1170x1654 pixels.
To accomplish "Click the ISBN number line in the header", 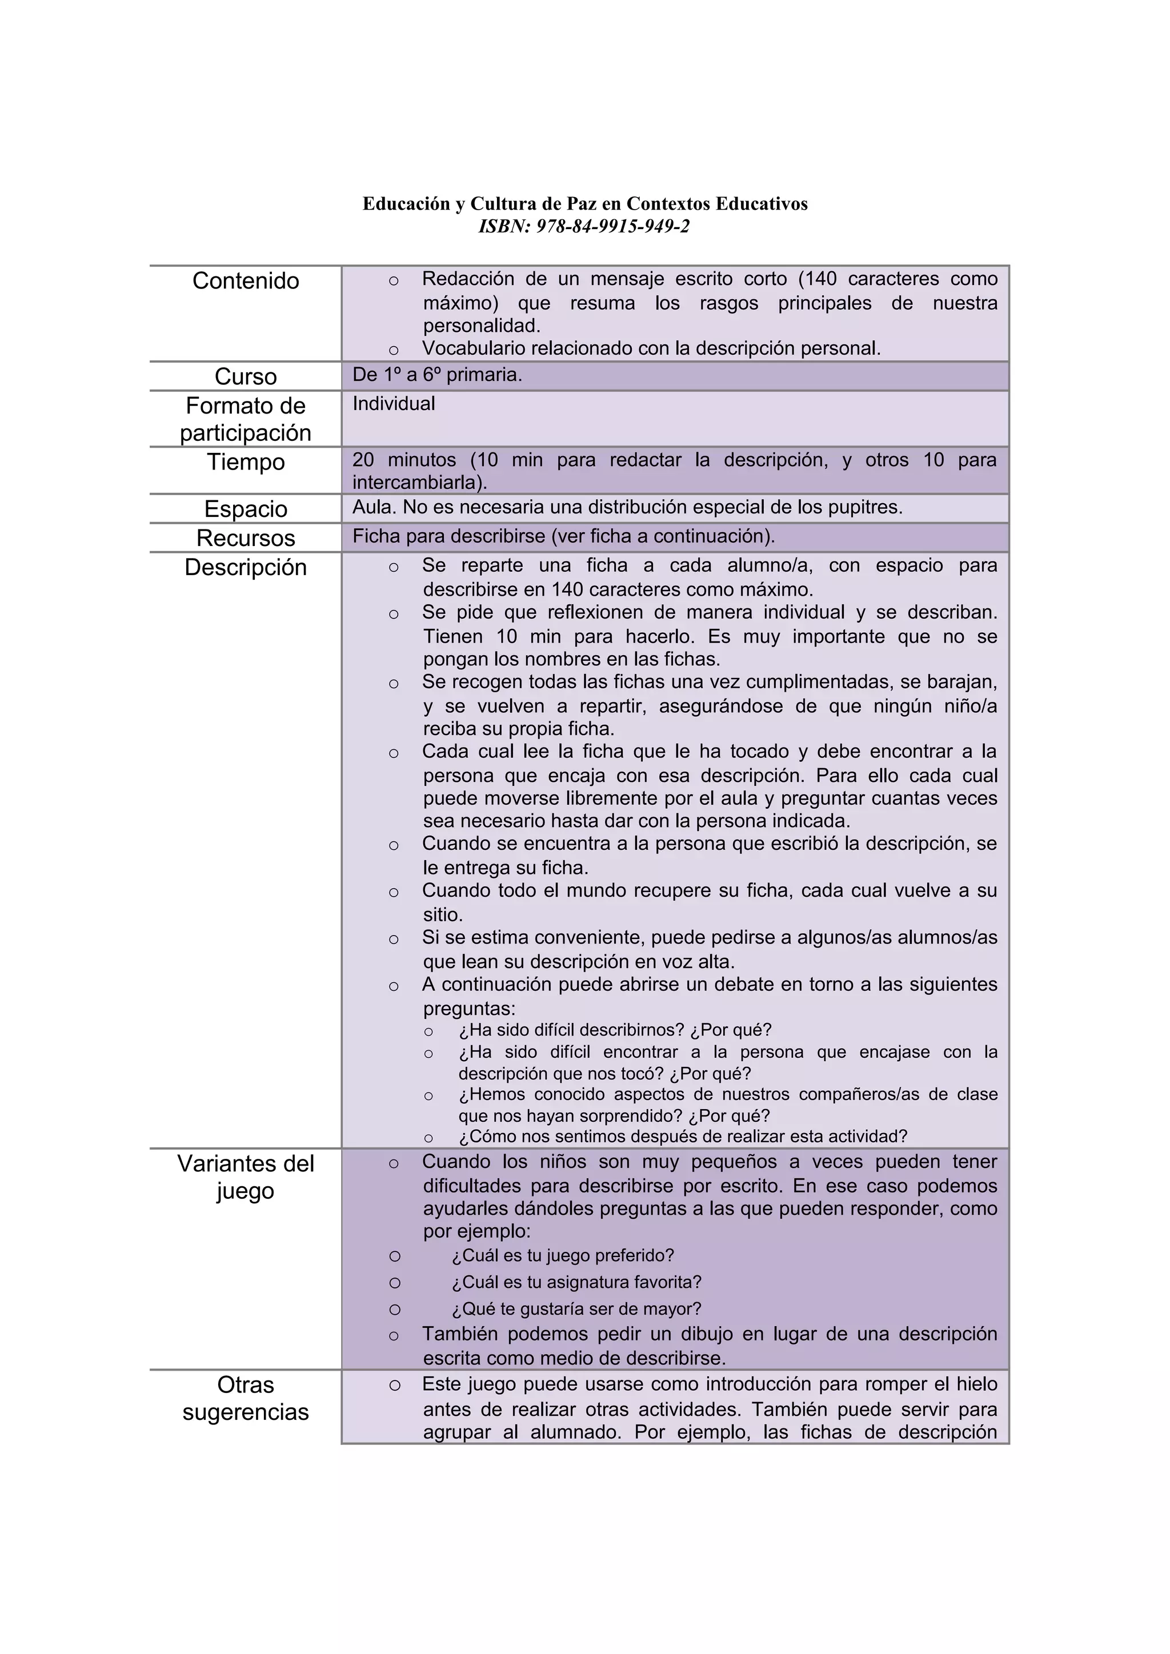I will [x=584, y=226].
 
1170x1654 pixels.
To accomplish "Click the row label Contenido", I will [x=246, y=281].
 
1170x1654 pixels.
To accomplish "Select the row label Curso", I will [x=246, y=377].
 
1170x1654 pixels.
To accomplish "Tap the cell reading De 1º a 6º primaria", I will [x=436, y=375].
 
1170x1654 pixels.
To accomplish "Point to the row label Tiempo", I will [x=246, y=462].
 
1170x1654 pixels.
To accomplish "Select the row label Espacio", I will [x=246, y=508].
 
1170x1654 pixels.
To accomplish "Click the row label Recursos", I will [x=246, y=538].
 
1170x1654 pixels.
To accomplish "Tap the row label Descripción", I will [x=246, y=568].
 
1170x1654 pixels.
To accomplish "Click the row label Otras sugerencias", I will [x=246, y=1398].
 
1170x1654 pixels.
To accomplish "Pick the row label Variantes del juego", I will [x=246, y=1177].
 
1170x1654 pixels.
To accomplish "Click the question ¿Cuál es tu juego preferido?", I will [x=563, y=1255].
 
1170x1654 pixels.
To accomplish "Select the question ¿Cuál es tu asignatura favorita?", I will [x=576, y=1282].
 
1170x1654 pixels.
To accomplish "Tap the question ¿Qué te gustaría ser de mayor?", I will [x=576, y=1309].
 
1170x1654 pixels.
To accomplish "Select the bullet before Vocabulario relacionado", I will [x=394, y=351].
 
